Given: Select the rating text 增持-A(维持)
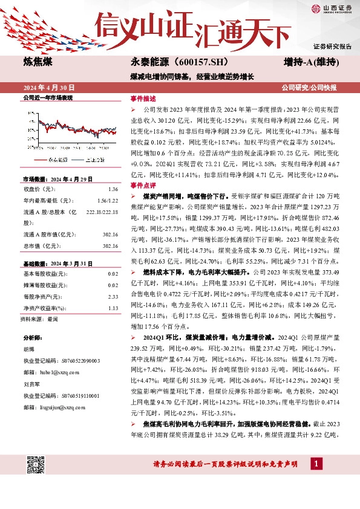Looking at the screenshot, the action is (x=310, y=62).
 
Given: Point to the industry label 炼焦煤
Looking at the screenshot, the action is (x=37, y=61).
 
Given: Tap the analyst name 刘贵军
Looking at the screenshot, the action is (x=32, y=384).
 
